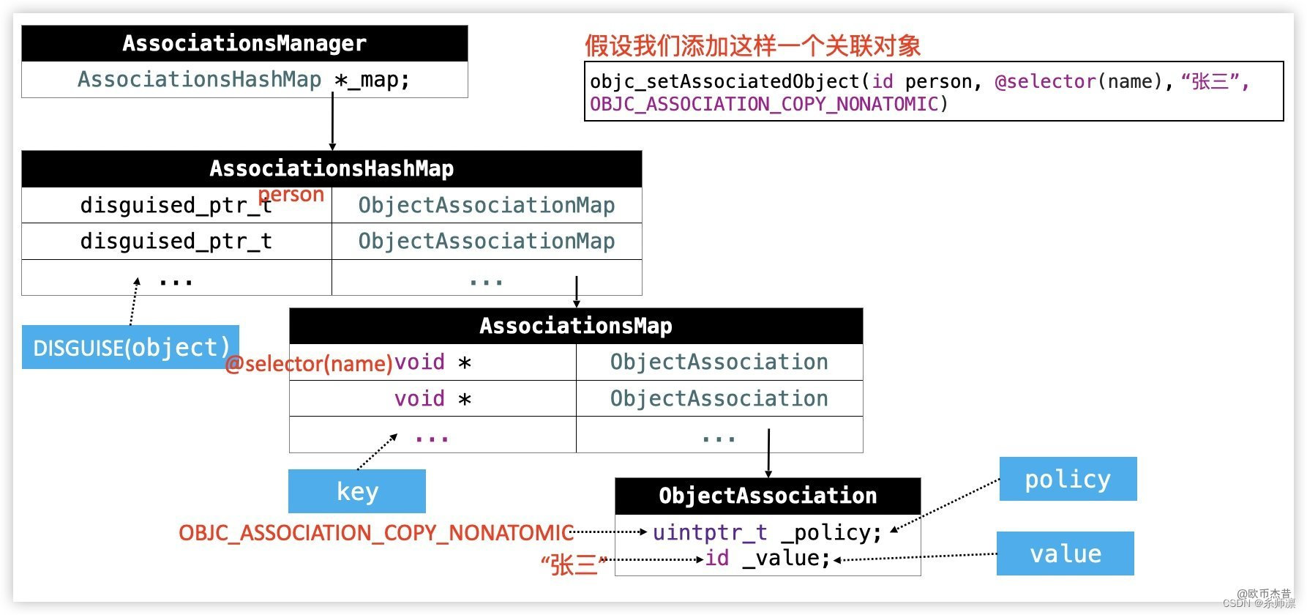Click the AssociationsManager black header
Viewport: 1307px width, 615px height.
click(x=244, y=43)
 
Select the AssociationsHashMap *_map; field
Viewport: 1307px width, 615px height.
click(x=244, y=79)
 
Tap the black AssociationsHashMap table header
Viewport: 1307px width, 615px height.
click(x=332, y=169)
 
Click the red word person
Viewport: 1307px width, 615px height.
click(x=291, y=195)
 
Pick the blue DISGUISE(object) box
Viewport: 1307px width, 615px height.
click(x=131, y=347)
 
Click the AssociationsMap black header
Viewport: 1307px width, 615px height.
click(x=576, y=326)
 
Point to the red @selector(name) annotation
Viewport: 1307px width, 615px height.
click(x=309, y=363)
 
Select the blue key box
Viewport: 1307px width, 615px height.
click(x=357, y=491)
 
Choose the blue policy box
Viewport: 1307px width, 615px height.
click(x=1068, y=479)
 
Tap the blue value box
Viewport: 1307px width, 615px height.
click(x=1066, y=553)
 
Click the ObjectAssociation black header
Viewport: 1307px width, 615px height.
click(x=768, y=496)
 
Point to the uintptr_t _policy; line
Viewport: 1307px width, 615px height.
click(x=767, y=532)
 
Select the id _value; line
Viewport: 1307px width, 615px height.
click(x=767, y=558)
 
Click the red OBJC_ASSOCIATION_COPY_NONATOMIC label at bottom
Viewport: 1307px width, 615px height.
click(x=375, y=533)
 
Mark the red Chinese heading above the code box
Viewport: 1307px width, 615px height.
click(x=752, y=46)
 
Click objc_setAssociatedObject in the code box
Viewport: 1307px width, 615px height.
click(x=724, y=81)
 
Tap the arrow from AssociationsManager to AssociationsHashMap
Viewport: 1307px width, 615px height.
click(x=332, y=123)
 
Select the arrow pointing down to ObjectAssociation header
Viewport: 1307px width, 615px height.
click(x=768, y=454)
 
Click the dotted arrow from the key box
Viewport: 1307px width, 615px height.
click(x=377, y=452)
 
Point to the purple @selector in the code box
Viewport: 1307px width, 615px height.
click(x=1045, y=81)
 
